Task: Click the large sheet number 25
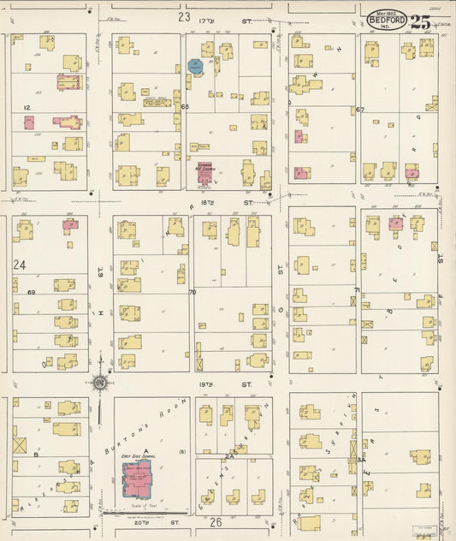(x=420, y=23)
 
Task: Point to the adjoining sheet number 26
(x=215, y=521)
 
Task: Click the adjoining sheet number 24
(x=20, y=266)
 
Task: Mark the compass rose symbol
(x=100, y=382)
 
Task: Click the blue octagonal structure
(x=195, y=65)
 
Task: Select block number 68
(x=184, y=107)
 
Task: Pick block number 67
(x=360, y=110)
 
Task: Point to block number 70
(x=192, y=293)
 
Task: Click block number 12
(x=27, y=107)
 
